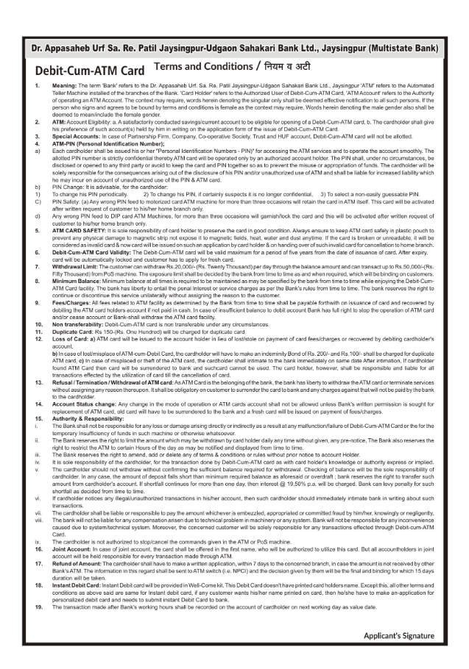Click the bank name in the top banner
click(x=234, y=49)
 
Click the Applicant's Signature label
click(x=398, y=635)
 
